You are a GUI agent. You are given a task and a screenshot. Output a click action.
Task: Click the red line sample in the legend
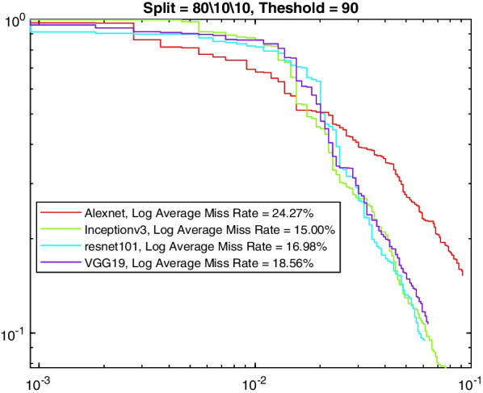[x=59, y=214]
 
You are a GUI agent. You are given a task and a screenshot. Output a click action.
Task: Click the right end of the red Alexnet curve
[x=463, y=275]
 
